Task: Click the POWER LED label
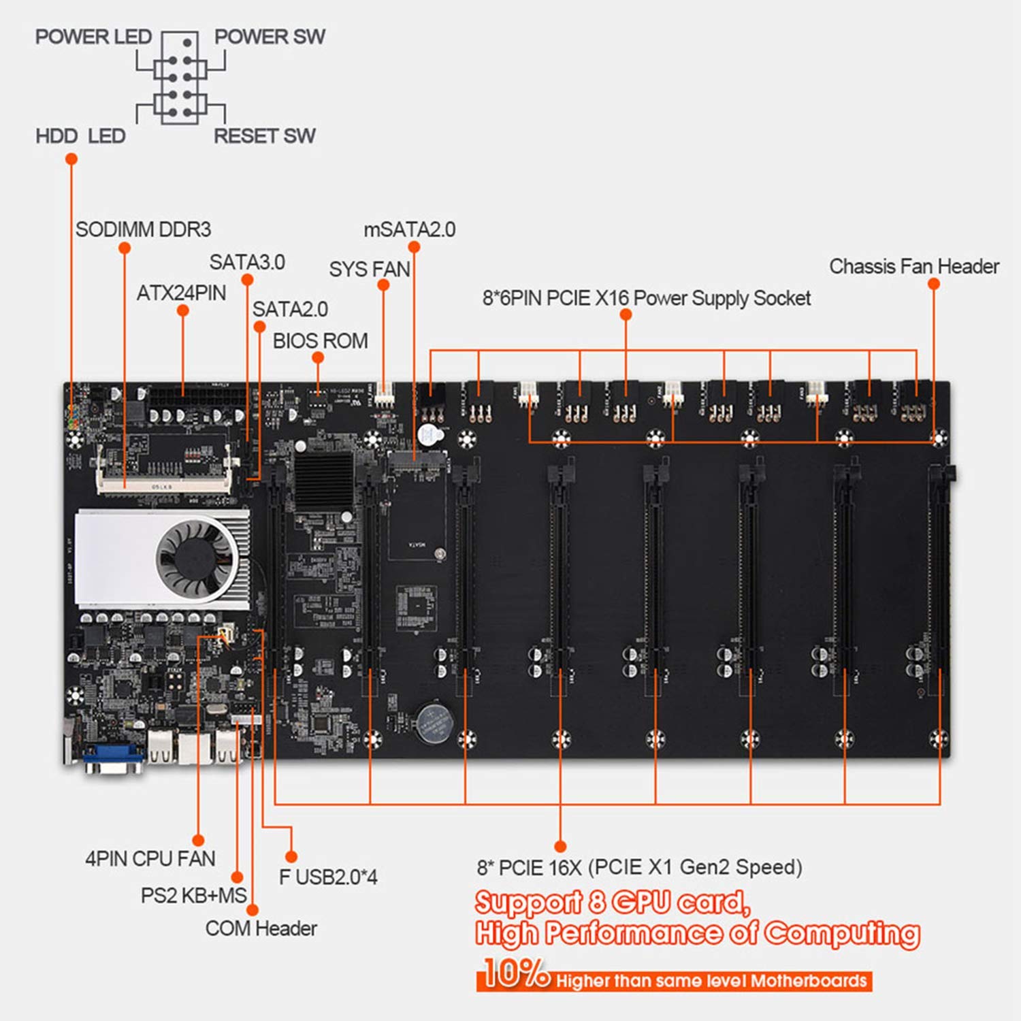pyautogui.click(x=93, y=37)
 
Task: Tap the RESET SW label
pyautogui.click(x=265, y=136)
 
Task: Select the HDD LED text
pyautogui.click(x=80, y=136)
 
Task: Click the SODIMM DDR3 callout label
pyautogui.click(x=143, y=229)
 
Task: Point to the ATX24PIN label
pyautogui.click(x=181, y=293)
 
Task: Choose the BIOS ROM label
pyautogui.click(x=320, y=341)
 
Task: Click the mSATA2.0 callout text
pyautogui.click(x=410, y=230)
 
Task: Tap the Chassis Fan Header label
pyautogui.click(x=914, y=266)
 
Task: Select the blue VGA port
pyautogui.click(x=113, y=757)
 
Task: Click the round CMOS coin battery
pyautogui.click(x=434, y=722)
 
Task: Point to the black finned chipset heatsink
pyautogui.click(x=323, y=480)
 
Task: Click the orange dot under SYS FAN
pyautogui.click(x=383, y=285)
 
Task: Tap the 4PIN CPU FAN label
pyautogui.click(x=150, y=859)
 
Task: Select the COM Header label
pyautogui.click(x=261, y=928)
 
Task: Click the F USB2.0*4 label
pyautogui.click(x=328, y=877)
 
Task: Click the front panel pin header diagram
pyautogui.click(x=180, y=78)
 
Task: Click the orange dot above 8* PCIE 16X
pyautogui.click(x=560, y=846)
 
